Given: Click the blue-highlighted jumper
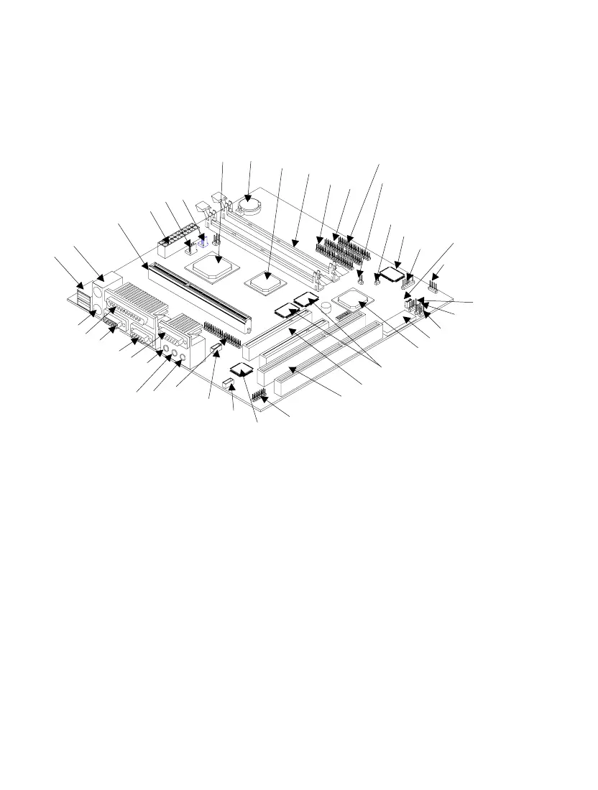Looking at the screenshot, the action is pos(203,240).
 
